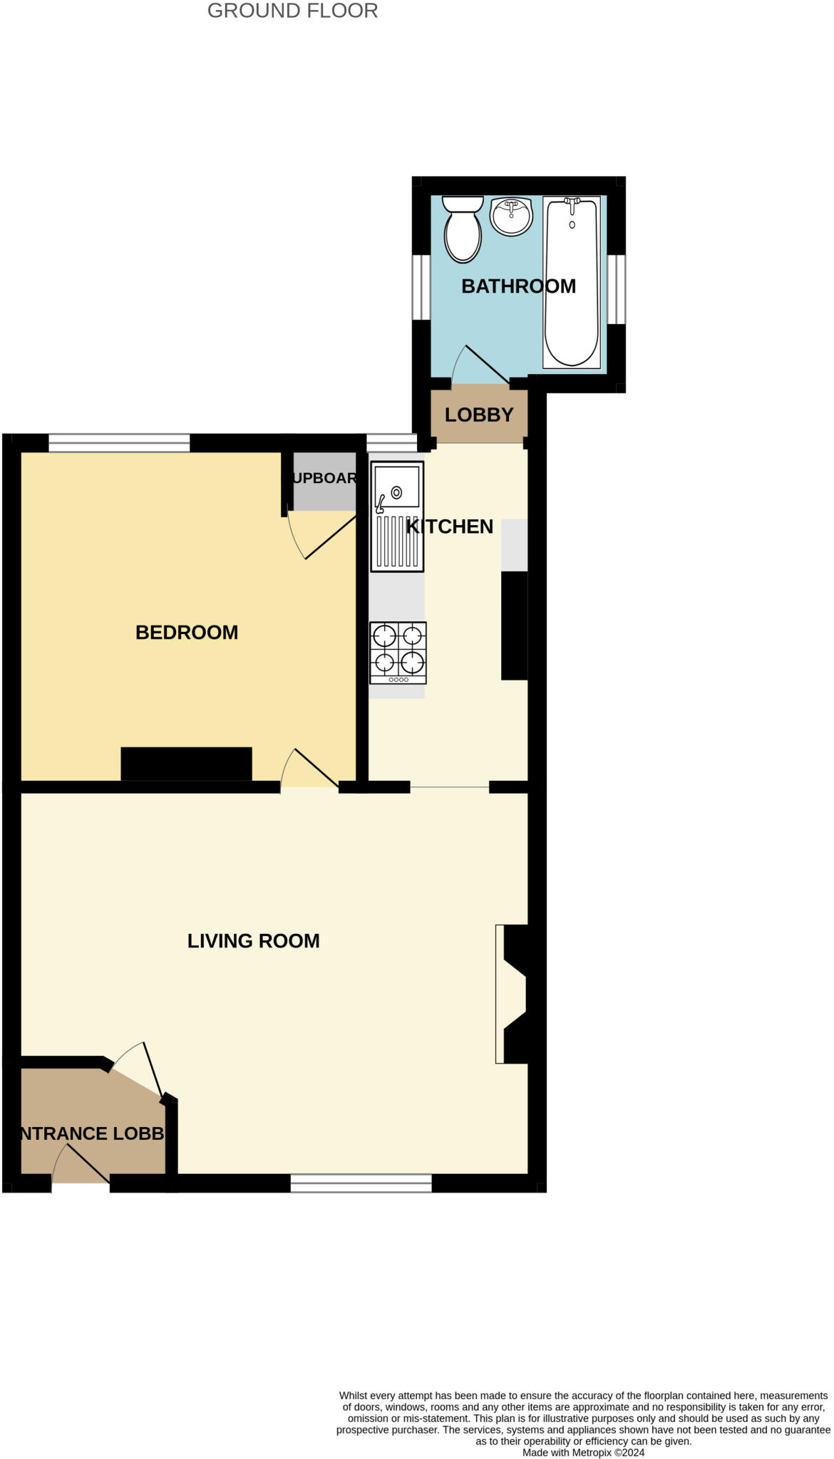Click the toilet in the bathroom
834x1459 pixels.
[x=463, y=230]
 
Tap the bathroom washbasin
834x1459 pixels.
[x=511, y=216]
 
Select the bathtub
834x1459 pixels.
[x=571, y=283]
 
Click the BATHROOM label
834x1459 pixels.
[x=518, y=286]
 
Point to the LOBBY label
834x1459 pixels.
[x=479, y=415]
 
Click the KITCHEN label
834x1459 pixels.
[x=450, y=526]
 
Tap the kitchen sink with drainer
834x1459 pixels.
[x=397, y=516]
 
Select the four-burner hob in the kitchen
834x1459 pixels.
[x=398, y=653]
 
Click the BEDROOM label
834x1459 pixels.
[x=187, y=633]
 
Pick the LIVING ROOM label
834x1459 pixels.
[x=253, y=941]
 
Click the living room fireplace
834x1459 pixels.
[x=513, y=994]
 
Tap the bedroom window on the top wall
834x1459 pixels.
[x=119, y=443]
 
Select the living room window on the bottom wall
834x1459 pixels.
[x=361, y=1183]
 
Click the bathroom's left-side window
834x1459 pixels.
[x=421, y=287]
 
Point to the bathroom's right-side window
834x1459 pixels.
[x=617, y=289]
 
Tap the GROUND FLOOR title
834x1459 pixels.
[x=292, y=11]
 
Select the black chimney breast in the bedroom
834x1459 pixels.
[x=186, y=764]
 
